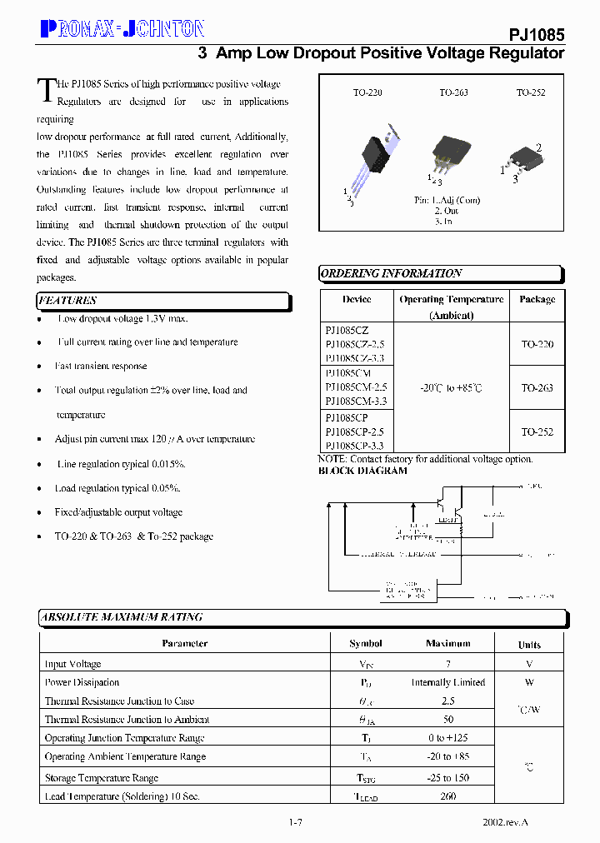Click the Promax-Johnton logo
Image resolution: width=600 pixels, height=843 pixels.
[x=122, y=29]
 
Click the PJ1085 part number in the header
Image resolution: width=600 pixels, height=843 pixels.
[x=537, y=35]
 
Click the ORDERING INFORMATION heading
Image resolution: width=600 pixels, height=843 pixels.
[x=391, y=273]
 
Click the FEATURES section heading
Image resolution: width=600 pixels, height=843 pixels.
[x=68, y=301]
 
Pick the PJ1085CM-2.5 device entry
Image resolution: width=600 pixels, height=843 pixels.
[x=356, y=387]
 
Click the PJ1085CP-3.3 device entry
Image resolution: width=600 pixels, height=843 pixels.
[x=356, y=446]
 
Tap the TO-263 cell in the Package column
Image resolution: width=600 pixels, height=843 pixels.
[x=537, y=388]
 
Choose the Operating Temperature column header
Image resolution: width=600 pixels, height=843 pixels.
[x=451, y=299]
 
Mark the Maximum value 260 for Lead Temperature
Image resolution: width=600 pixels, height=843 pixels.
[x=447, y=796]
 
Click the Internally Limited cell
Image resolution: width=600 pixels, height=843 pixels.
[x=447, y=683]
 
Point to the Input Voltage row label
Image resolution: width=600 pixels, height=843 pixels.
[x=73, y=665]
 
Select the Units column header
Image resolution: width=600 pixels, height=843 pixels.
[x=529, y=645]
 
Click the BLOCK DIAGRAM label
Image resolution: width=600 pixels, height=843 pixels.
[x=363, y=471]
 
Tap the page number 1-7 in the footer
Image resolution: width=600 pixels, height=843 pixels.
[x=295, y=822]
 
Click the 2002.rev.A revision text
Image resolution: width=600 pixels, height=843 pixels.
[x=506, y=822]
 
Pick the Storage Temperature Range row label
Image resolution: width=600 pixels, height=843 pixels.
[x=101, y=778]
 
